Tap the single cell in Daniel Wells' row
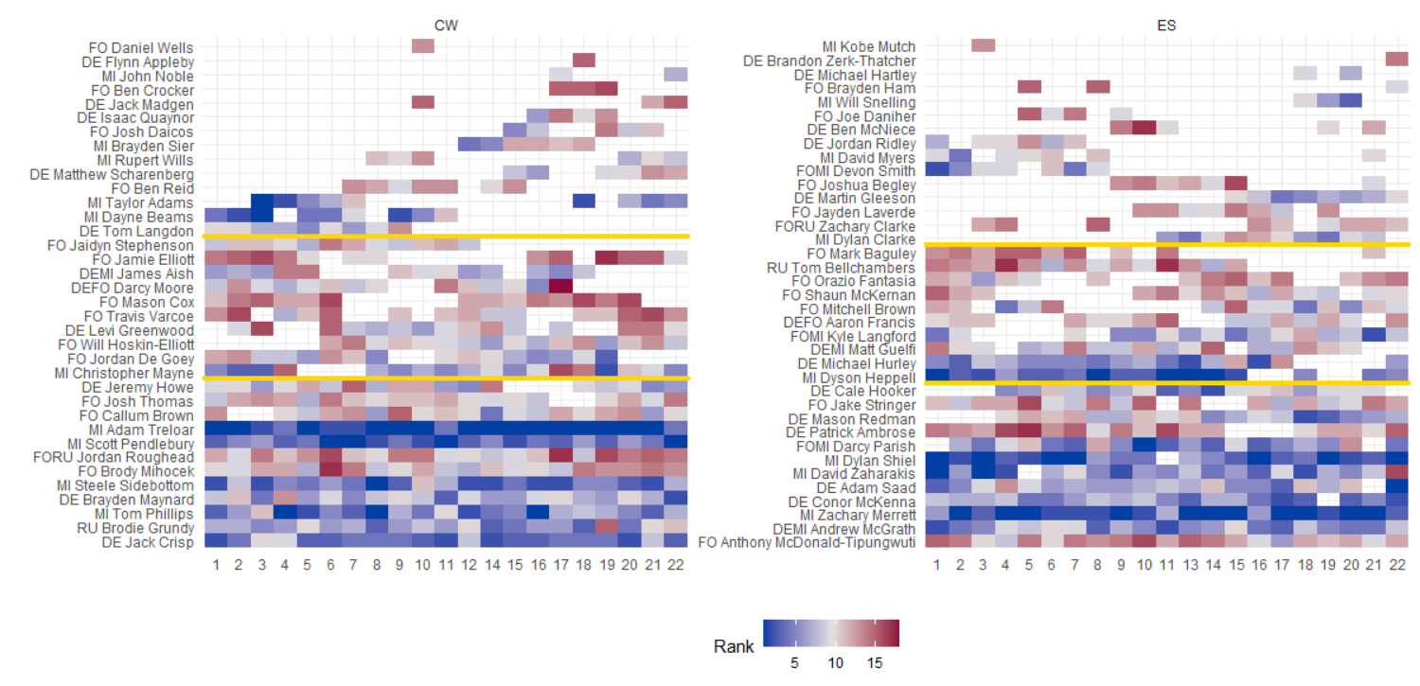(x=423, y=46)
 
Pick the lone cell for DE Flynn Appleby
(x=584, y=61)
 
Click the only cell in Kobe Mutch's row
(x=984, y=45)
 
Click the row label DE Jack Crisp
(x=148, y=542)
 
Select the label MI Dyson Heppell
(x=860, y=378)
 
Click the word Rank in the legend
(x=734, y=647)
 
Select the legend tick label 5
(x=794, y=664)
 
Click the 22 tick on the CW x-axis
(x=675, y=565)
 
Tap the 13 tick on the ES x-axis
(x=1190, y=565)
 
